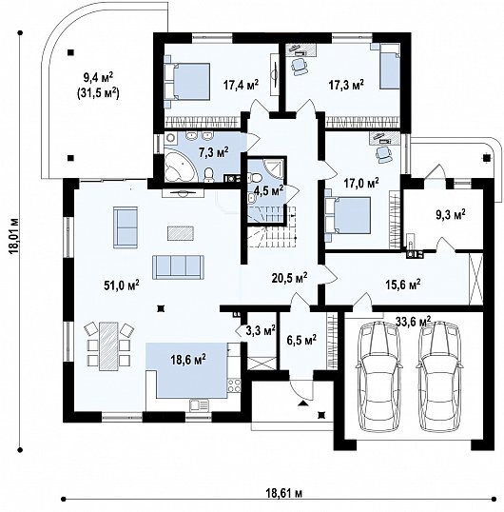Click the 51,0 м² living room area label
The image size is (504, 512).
[x=122, y=285]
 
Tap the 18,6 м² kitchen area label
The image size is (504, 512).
[x=188, y=360]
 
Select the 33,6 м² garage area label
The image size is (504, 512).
[x=414, y=322]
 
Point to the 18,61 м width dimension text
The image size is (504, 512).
[x=282, y=493]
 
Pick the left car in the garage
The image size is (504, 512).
[x=378, y=376]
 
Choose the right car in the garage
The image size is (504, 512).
[x=440, y=376]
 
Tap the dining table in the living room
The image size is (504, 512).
[x=108, y=346]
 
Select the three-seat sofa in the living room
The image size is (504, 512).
[x=178, y=267]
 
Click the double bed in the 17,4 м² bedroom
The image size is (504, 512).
[x=187, y=81]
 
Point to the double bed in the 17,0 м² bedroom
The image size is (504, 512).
[x=348, y=215]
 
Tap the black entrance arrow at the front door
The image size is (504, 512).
[x=302, y=403]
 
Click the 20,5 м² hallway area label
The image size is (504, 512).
[x=289, y=278]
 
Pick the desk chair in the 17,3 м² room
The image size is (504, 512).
[x=300, y=67]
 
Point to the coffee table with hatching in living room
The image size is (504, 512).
[x=181, y=233]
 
